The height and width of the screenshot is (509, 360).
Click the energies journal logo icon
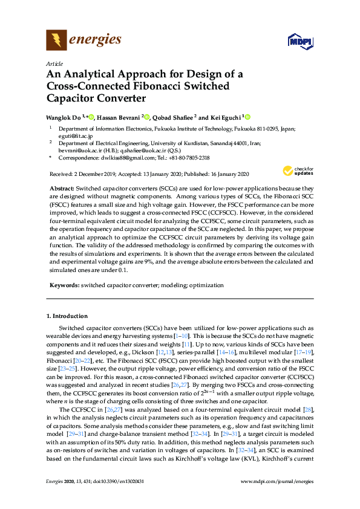pos(56,41)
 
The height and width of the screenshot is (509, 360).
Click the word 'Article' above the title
pos(54,63)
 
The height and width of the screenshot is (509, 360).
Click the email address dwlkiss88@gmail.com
pos(119,158)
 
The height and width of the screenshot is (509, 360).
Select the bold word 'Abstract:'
pos(61,189)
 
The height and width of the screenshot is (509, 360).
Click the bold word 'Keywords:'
pos(64,284)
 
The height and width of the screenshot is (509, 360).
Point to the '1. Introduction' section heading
pos(67,316)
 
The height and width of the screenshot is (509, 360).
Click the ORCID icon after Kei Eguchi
pos(247,117)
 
